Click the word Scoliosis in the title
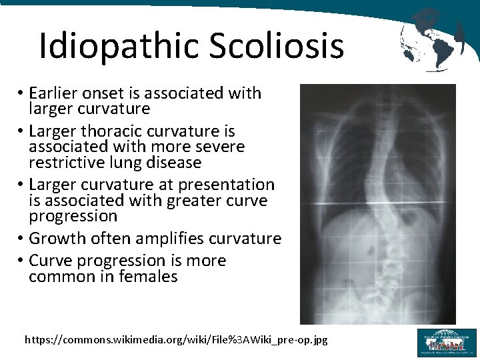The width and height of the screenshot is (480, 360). pyautogui.click(x=276, y=46)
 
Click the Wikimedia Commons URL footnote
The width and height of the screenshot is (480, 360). pyautogui.click(x=176, y=340)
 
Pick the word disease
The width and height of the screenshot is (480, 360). pyautogui.click(x=175, y=163)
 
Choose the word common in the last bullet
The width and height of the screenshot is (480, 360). pyautogui.click(x=59, y=276)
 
